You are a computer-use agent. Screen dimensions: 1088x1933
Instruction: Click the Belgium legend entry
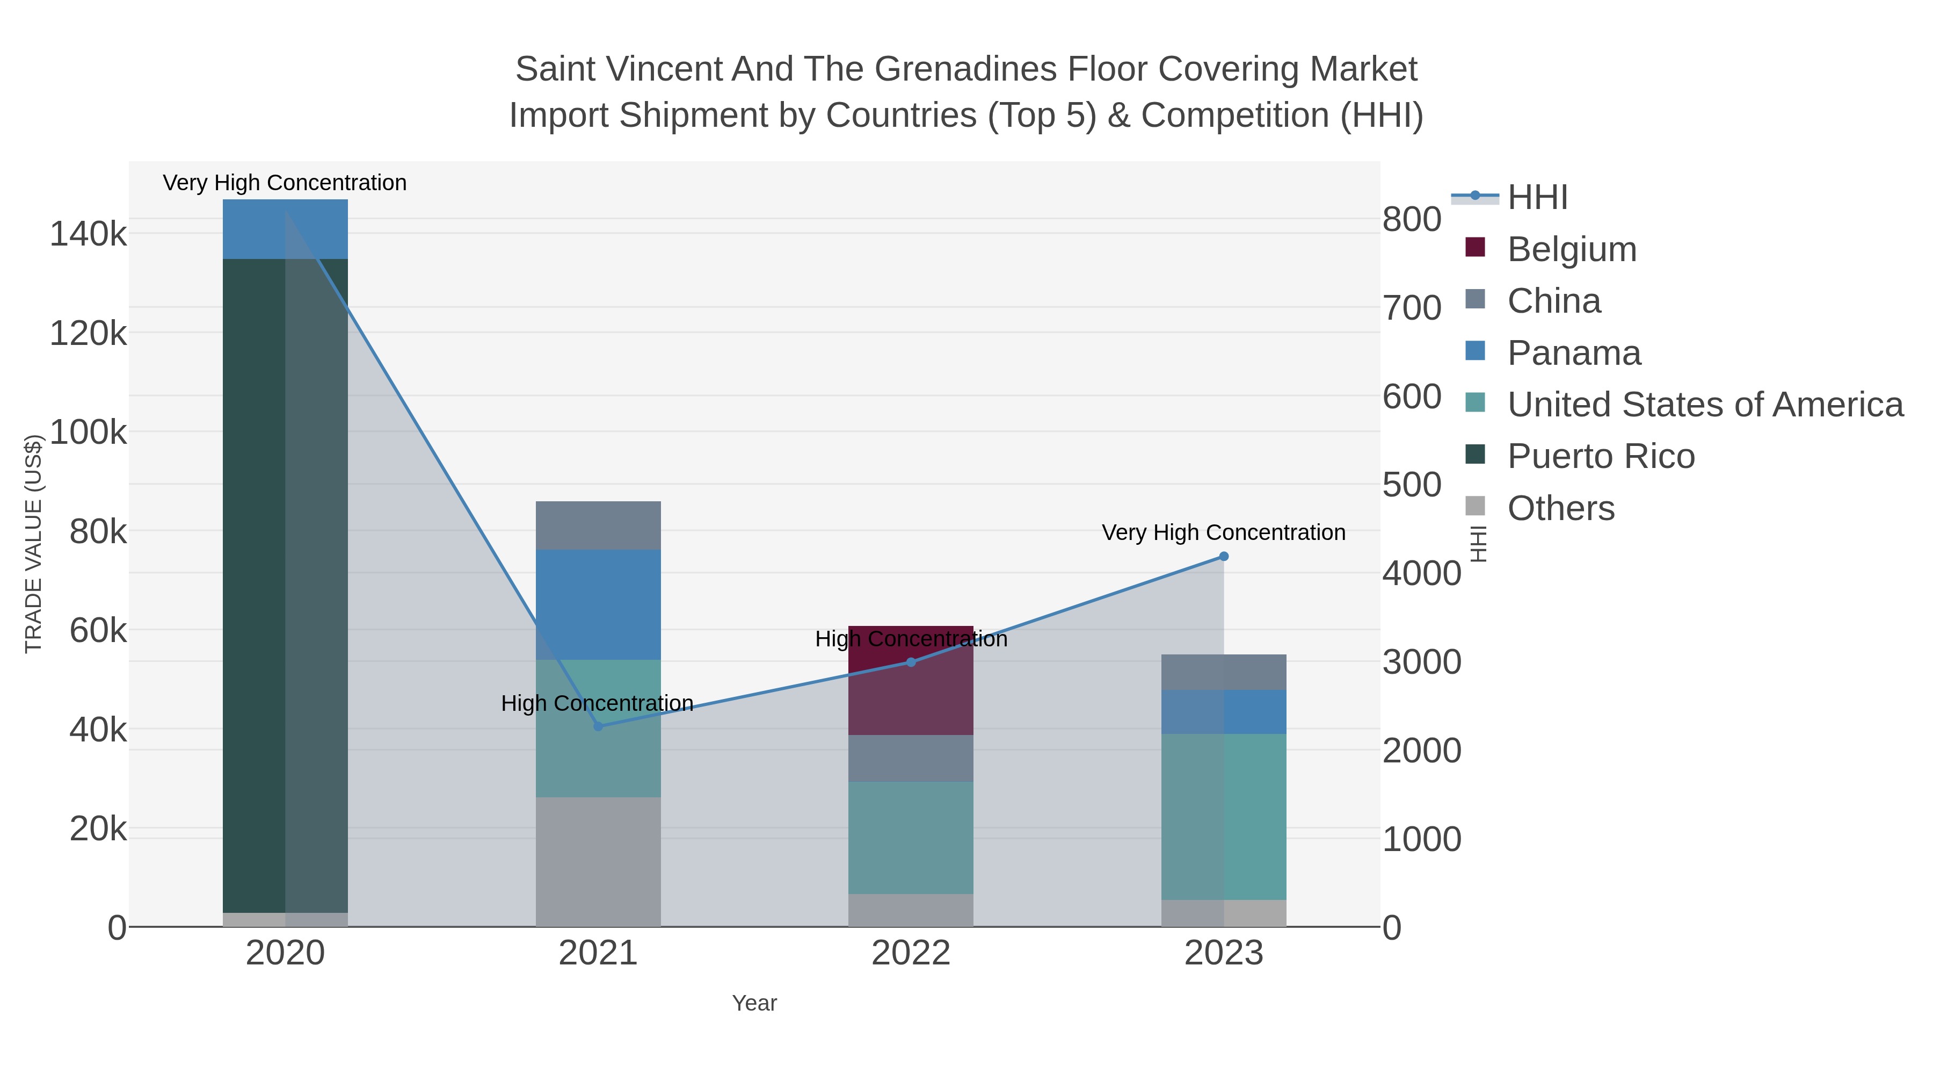click(x=1571, y=249)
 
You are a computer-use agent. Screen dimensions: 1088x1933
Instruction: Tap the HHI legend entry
click(x=1537, y=198)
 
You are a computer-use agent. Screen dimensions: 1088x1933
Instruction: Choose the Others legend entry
click(x=1560, y=508)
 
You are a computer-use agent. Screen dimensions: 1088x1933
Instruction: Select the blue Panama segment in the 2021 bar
click(x=598, y=604)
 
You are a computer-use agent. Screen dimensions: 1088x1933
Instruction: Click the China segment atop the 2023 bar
click(x=1223, y=672)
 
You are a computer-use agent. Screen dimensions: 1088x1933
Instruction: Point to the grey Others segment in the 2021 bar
click(x=598, y=861)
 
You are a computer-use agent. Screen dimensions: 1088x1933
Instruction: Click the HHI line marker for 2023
click(x=1223, y=557)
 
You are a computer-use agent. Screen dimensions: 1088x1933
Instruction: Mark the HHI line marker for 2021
click(x=598, y=726)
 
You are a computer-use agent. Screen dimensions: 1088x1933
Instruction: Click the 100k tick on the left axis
click(x=88, y=433)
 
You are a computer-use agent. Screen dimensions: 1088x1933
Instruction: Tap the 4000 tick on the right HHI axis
click(x=1421, y=574)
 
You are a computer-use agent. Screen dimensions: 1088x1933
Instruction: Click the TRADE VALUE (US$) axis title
click(x=34, y=544)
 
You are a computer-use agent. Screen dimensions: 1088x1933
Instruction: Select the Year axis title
click(x=754, y=1003)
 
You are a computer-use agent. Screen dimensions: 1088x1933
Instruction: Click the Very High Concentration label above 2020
click(x=285, y=183)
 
